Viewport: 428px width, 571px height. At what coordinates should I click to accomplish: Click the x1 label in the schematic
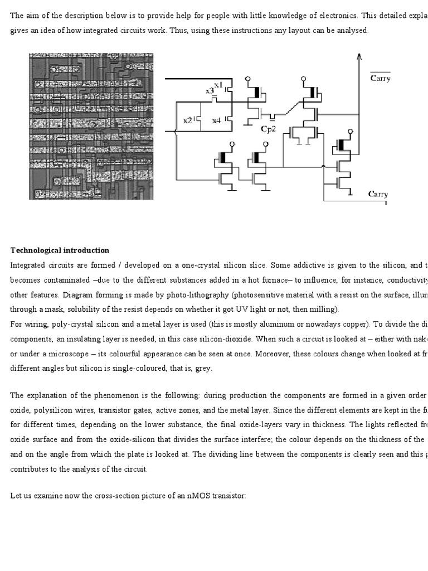[218, 84]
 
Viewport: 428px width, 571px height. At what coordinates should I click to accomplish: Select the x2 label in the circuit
[188, 120]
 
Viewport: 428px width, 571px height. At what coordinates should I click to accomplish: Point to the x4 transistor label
[216, 120]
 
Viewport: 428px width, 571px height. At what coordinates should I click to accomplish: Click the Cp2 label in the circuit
[268, 129]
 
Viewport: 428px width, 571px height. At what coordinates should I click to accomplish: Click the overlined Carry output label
[380, 78]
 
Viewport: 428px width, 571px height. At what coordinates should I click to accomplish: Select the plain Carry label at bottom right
[378, 194]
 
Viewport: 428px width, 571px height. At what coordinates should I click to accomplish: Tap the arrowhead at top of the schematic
[359, 55]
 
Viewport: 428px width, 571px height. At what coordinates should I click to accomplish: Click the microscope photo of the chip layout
[91, 126]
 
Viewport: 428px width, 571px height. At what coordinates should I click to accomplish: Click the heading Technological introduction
[60, 250]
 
